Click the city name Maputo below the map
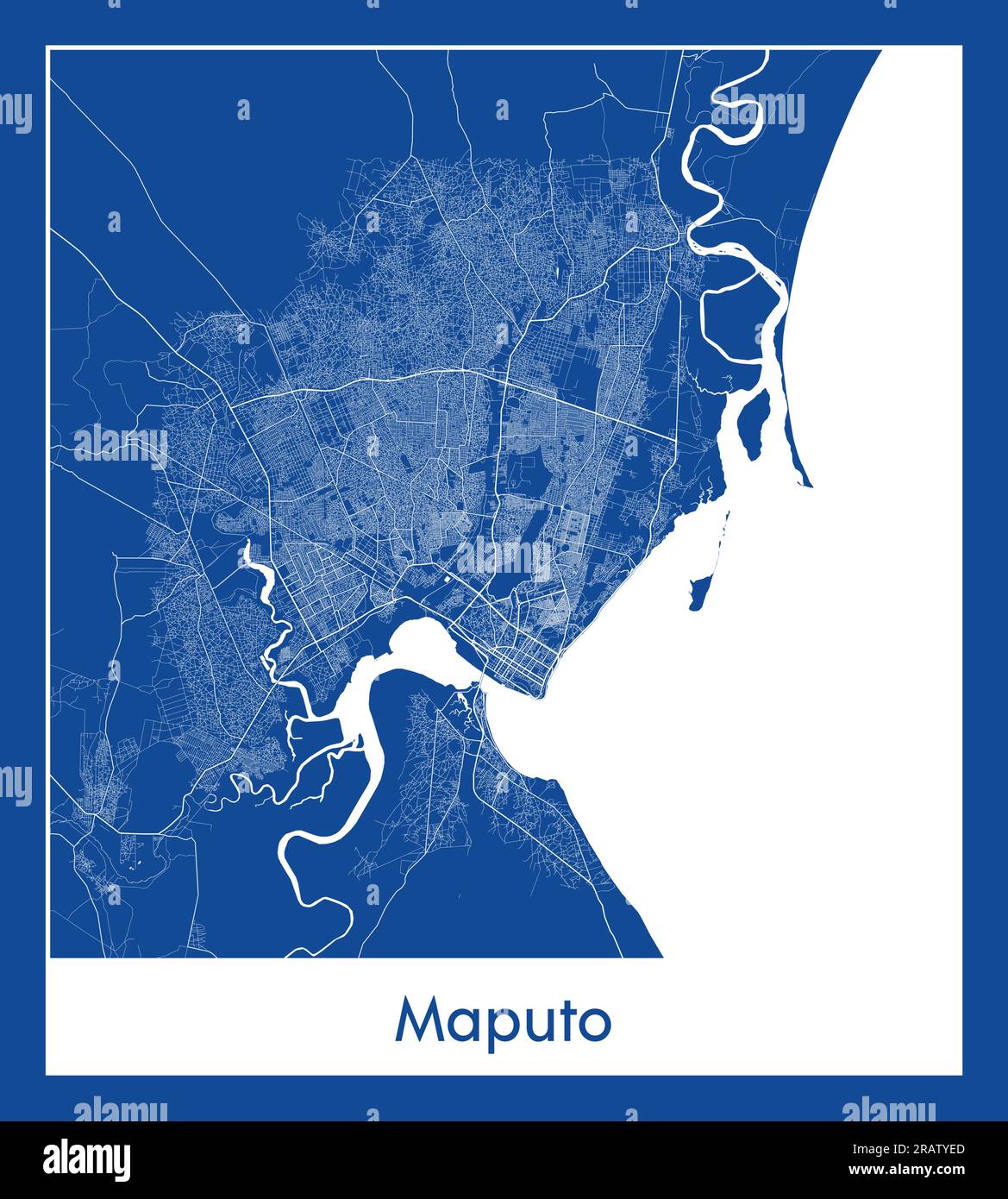tap(504, 1022)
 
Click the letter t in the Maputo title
tap(558, 1020)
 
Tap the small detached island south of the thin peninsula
tap(698, 593)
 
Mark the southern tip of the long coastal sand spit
tap(805, 483)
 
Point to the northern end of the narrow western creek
tap(247, 545)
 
